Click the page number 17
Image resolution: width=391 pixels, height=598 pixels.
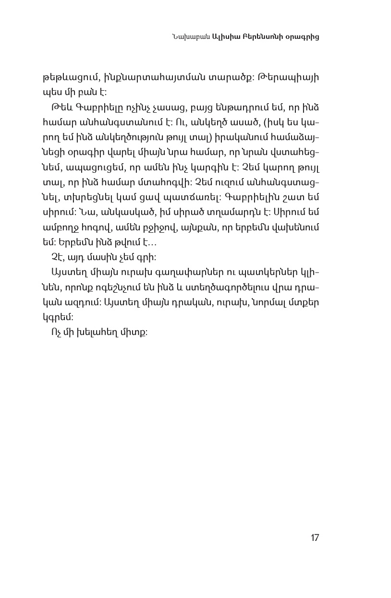[315, 538]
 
